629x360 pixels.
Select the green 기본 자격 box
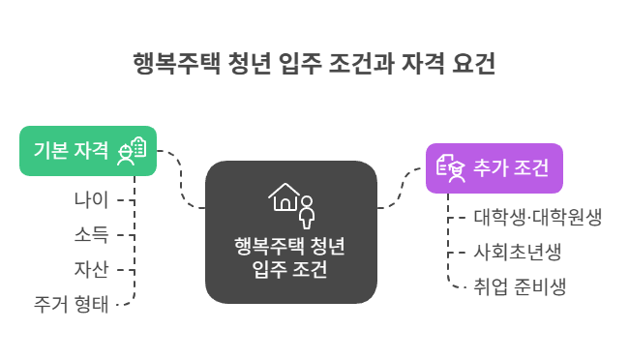88,150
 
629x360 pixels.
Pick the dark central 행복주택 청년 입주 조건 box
290,232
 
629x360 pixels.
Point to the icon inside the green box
132,151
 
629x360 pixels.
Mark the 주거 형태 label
72,303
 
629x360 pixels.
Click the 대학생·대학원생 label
538,218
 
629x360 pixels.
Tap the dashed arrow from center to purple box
401,189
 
